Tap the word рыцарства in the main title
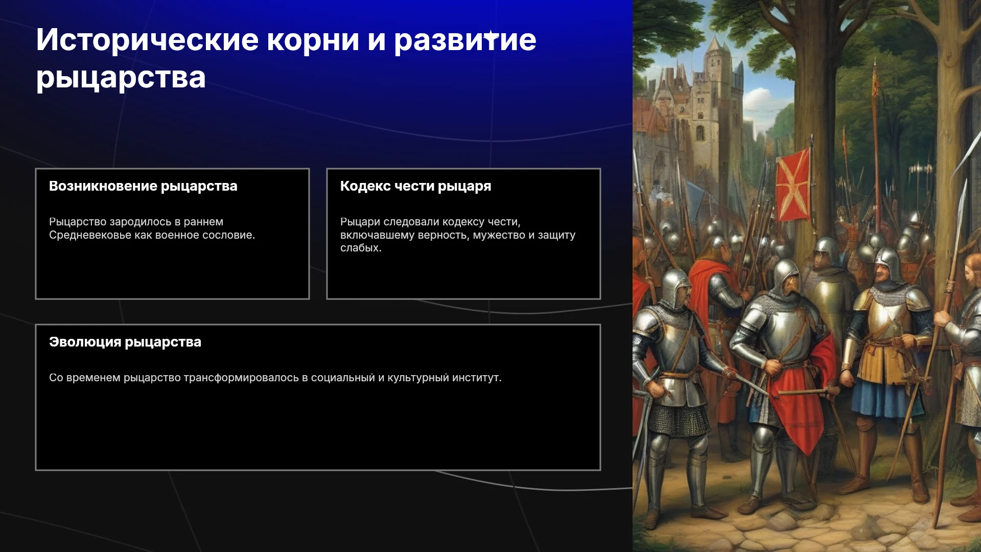[x=121, y=78]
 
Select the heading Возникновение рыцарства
[x=143, y=186]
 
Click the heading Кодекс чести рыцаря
[x=416, y=186]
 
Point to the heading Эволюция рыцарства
[x=125, y=342]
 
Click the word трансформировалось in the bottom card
[x=241, y=378]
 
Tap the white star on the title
[x=491, y=36]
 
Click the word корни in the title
[x=313, y=40]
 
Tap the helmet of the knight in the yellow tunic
[x=888, y=264]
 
